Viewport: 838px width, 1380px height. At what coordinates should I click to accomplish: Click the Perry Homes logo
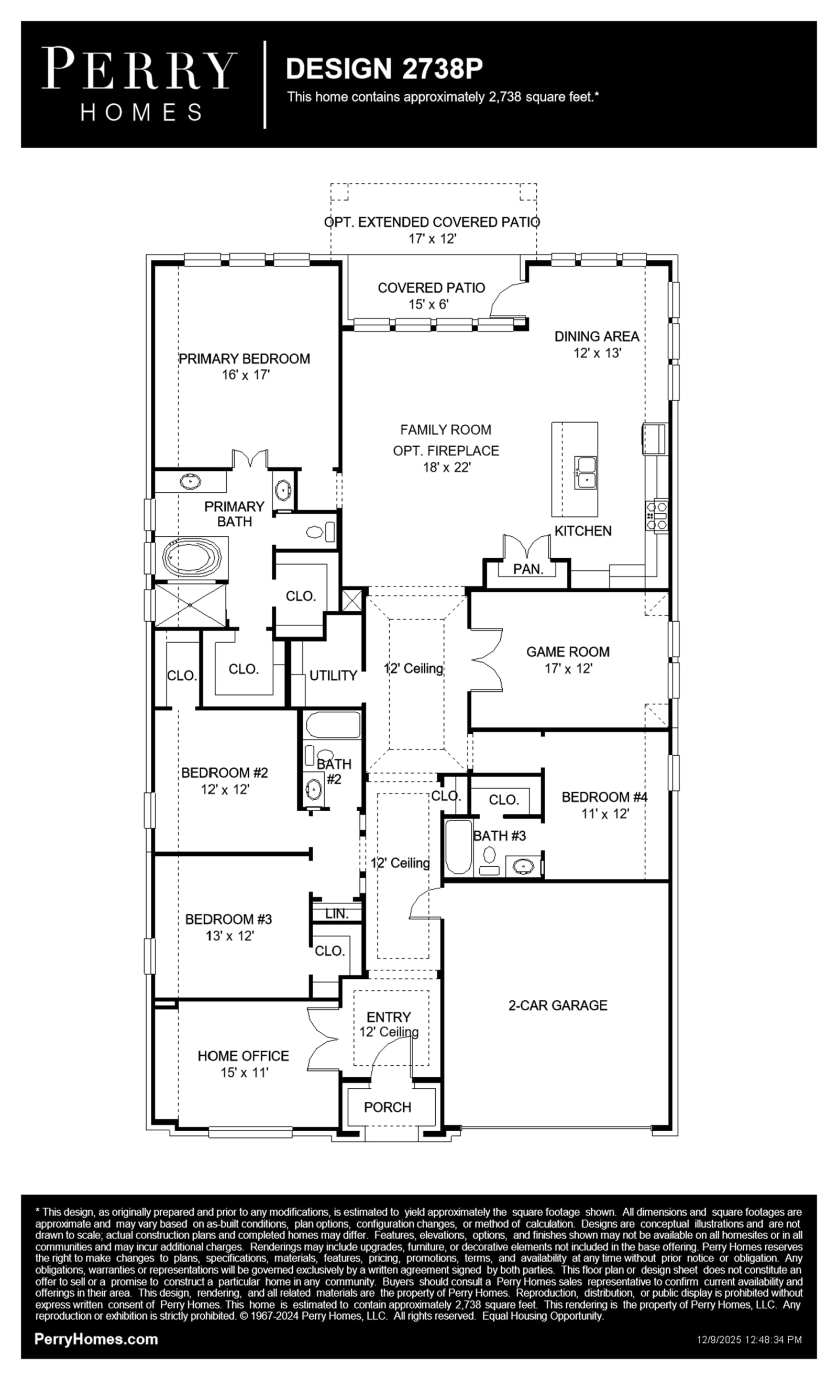[x=139, y=84]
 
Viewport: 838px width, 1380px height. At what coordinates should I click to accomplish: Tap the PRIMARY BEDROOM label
[x=244, y=358]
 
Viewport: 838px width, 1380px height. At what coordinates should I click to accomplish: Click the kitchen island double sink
[x=586, y=472]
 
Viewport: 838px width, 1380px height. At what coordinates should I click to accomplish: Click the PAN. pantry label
[x=528, y=569]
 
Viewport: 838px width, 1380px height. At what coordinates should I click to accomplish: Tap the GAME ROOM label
[x=568, y=652]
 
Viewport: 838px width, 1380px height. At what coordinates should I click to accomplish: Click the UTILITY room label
[x=333, y=676]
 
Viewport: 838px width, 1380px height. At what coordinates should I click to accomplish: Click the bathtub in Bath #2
[x=333, y=725]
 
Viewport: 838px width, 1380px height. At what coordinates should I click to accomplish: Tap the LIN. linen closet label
[x=337, y=913]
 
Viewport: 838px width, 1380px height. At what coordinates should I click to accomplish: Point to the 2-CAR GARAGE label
[x=558, y=1005]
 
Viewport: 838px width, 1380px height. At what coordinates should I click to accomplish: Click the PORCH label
[x=388, y=1107]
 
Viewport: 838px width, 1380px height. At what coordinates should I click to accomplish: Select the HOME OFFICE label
[x=243, y=1056]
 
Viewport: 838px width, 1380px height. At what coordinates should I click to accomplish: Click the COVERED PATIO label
[x=432, y=288]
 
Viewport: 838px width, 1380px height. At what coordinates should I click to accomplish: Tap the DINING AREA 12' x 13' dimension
[x=597, y=353]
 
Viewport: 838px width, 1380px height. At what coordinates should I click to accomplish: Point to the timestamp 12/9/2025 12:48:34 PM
[x=749, y=1340]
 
